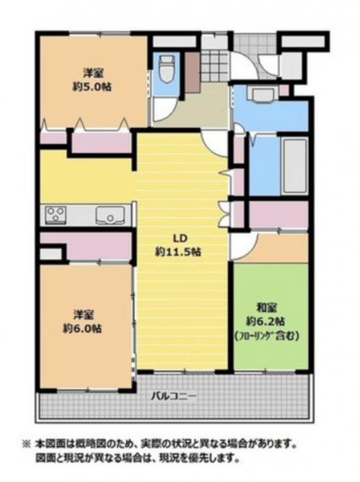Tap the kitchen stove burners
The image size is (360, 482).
point(56,214)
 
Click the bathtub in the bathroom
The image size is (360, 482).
point(294,166)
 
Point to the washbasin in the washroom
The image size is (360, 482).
point(262,93)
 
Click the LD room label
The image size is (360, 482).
point(180,238)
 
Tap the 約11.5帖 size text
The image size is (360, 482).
point(178,252)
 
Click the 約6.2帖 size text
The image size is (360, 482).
point(265,321)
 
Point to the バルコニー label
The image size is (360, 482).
point(174,396)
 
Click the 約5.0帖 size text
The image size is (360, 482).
point(92,87)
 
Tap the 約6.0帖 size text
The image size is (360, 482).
point(82,329)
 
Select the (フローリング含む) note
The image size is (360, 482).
point(267,336)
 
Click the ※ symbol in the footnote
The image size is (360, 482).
point(26,443)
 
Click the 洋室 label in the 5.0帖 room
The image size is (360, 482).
point(93,73)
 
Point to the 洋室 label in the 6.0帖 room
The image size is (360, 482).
point(84,315)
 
